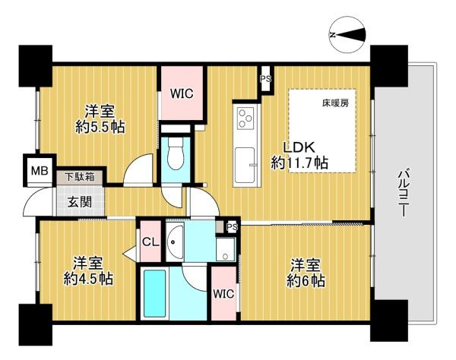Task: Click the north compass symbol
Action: [347, 35]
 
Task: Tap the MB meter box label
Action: [40, 171]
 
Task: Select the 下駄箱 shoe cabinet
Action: [79, 177]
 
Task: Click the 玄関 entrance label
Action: [80, 202]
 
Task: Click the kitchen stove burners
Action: [245, 118]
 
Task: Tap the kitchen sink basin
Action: [245, 165]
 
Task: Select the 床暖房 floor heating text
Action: [335, 103]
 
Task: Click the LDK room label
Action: [299, 148]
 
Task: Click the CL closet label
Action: [150, 242]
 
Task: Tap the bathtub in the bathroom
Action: [155, 294]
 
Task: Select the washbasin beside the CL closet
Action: [175, 242]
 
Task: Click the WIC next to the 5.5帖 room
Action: [182, 93]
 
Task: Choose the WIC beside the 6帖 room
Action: [223, 294]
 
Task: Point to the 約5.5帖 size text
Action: [100, 127]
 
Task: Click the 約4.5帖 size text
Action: [88, 279]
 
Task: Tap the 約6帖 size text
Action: [306, 281]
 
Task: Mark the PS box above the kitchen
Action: [265, 79]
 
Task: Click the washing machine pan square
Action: [226, 249]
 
